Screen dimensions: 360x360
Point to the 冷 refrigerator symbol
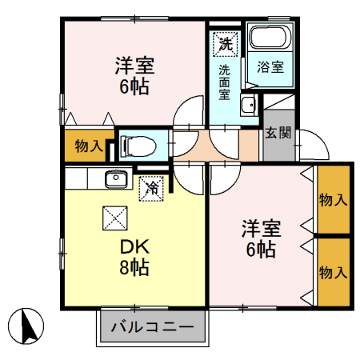coord(151,188)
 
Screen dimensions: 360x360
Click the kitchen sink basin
coord(116,178)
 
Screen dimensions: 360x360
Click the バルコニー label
coord(152,327)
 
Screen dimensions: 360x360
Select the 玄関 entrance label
coord(278,133)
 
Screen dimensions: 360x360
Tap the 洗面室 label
coord(226,82)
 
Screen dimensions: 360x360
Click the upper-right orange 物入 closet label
coord(333,199)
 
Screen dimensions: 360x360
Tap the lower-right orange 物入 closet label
coord(333,273)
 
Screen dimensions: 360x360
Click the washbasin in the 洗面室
coord(247,104)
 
